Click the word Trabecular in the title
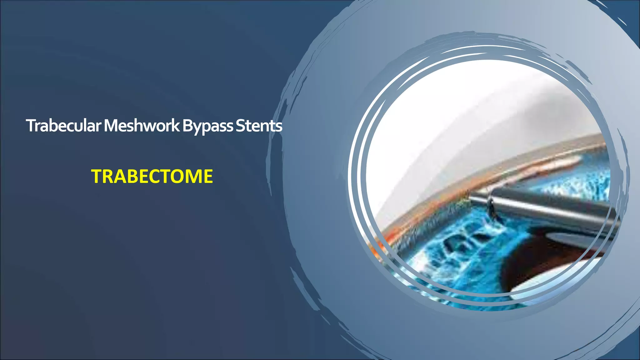click(63, 126)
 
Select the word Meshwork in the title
click(142, 126)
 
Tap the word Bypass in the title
click(207, 126)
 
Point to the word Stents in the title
click(259, 126)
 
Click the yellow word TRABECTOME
click(152, 176)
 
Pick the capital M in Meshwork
click(110, 126)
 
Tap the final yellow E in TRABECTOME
click(208, 176)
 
